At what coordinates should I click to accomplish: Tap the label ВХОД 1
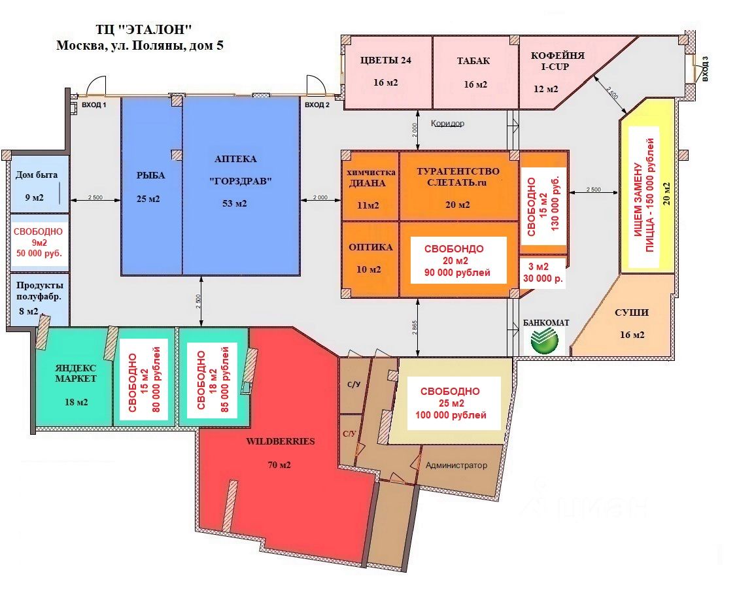(94, 105)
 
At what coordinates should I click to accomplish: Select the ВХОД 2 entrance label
(317, 105)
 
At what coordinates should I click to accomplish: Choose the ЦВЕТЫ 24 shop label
(386, 61)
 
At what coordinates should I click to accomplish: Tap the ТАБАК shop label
(473, 61)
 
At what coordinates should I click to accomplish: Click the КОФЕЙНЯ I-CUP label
(557, 61)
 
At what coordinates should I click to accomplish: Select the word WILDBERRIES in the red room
(280, 441)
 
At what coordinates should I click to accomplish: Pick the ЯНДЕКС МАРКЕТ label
(76, 373)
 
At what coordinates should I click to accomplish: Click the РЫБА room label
(150, 175)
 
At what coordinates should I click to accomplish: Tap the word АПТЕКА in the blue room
(235, 159)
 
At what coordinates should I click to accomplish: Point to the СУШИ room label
(631, 312)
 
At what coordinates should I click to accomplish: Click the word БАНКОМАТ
(546, 323)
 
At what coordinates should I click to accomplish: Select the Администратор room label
(456, 465)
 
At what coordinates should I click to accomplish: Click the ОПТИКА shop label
(370, 247)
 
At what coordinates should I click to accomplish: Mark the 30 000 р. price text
(543, 278)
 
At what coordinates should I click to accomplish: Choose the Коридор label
(448, 123)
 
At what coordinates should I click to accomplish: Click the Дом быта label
(37, 175)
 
